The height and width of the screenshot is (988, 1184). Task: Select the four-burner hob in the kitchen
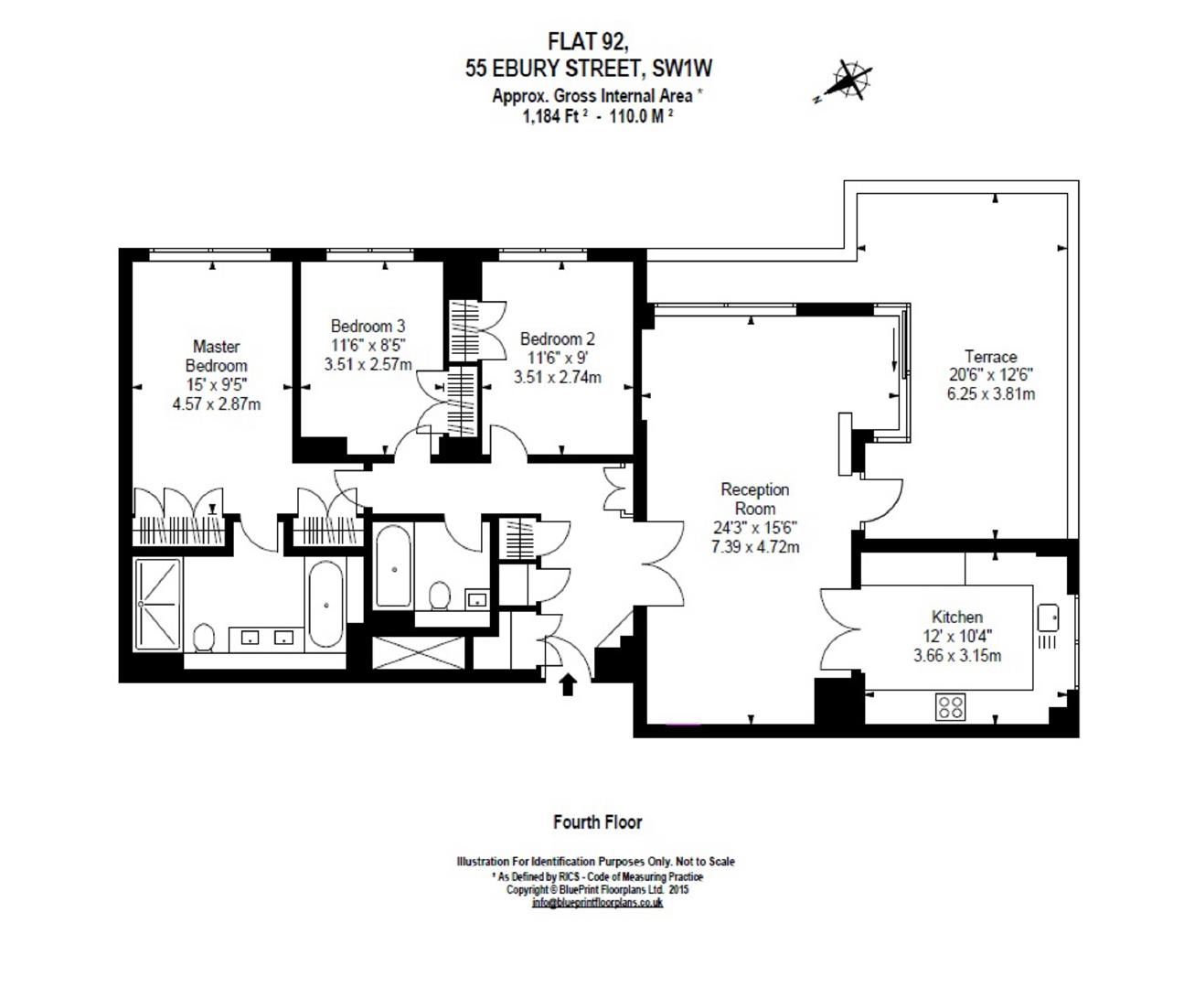tap(950, 706)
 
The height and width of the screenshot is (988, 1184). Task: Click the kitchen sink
tap(1048, 617)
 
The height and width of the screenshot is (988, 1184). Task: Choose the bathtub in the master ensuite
tap(325, 605)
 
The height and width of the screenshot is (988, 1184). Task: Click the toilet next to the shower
tap(203, 637)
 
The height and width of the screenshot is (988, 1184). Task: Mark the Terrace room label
tap(990, 357)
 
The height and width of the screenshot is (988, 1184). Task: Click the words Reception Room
tap(754, 499)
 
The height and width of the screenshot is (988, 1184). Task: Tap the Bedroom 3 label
tap(368, 326)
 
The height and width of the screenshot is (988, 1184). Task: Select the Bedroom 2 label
tap(557, 338)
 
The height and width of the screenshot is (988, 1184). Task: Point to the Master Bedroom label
tap(217, 356)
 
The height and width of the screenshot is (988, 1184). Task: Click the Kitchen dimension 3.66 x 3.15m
tap(956, 655)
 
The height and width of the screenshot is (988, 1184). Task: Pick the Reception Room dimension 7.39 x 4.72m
tap(754, 547)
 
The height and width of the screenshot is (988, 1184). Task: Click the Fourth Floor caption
tap(597, 822)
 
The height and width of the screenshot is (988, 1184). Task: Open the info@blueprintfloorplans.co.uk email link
tap(597, 903)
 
